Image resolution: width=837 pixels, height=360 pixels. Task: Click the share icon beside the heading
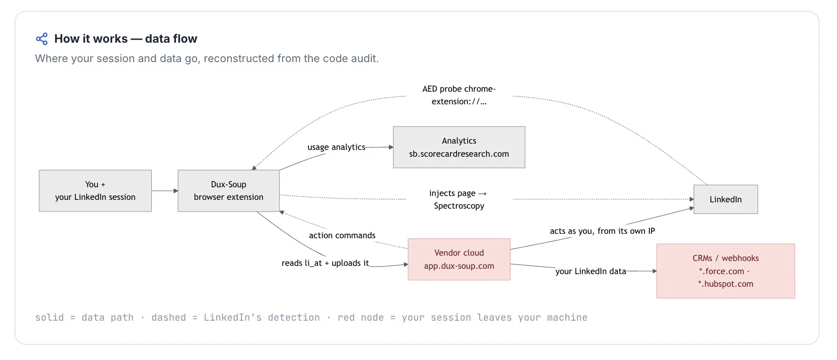pyautogui.click(x=42, y=39)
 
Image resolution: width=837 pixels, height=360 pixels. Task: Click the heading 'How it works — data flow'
pyautogui.click(x=126, y=39)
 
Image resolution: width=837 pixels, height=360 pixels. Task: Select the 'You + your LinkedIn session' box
pyautogui.click(x=95, y=191)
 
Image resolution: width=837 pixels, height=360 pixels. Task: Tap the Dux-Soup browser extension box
pyautogui.click(x=228, y=191)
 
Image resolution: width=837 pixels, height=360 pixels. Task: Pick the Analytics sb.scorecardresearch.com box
pyautogui.click(x=459, y=147)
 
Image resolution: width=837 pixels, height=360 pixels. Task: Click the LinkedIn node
pyautogui.click(x=725, y=199)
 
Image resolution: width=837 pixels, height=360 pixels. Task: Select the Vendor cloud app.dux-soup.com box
pyautogui.click(x=459, y=259)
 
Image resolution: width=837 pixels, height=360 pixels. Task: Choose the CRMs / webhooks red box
pyautogui.click(x=725, y=271)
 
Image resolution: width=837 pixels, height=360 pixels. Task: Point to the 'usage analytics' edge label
pyautogui.click(x=336, y=147)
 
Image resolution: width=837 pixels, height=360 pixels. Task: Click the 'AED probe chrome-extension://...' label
pyautogui.click(x=459, y=95)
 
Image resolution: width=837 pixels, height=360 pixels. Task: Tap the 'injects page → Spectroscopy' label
pyautogui.click(x=459, y=199)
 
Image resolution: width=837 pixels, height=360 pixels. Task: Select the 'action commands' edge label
pyautogui.click(x=342, y=235)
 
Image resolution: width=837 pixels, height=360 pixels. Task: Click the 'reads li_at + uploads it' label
pyautogui.click(x=325, y=263)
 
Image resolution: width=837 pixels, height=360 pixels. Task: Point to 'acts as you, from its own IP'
pyautogui.click(x=602, y=231)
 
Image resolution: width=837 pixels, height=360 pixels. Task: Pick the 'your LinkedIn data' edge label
pyautogui.click(x=591, y=271)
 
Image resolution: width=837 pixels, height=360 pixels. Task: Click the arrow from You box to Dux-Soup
pyautogui.click(x=165, y=191)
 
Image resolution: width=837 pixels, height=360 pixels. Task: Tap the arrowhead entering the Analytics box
pyautogui.click(x=391, y=147)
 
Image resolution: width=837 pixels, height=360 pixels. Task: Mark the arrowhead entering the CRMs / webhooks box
pyautogui.click(x=654, y=271)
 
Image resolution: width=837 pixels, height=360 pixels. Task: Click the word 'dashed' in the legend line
pyautogui.click(x=169, y=317)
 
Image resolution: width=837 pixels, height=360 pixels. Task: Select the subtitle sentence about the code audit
pyautogui.click(x=207, y=59)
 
